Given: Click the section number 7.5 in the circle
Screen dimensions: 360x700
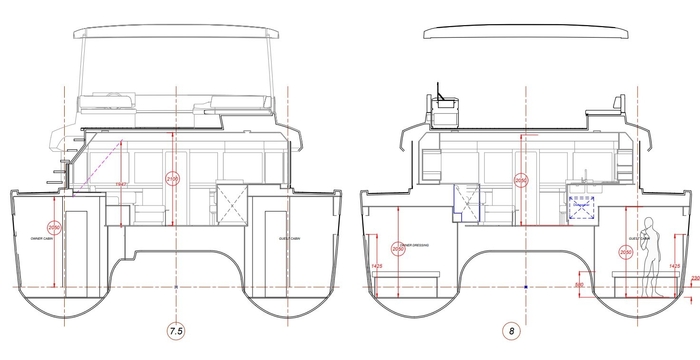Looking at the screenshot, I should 175,328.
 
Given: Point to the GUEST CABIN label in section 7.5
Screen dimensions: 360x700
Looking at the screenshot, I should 290,239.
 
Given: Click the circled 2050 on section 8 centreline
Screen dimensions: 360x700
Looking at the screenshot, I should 520,180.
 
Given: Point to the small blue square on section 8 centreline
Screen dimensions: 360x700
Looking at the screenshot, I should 526,286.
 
